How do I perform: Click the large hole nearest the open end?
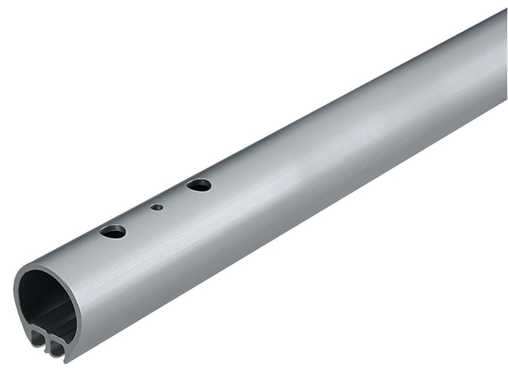tap(112, 231)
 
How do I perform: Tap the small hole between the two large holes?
tap(156, 207)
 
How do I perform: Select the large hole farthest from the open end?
tap(199, 185)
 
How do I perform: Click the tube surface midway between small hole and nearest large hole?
tap(134, 219)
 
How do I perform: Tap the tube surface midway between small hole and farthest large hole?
tap(177, 196)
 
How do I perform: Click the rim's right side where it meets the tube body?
tap(79, 304)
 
